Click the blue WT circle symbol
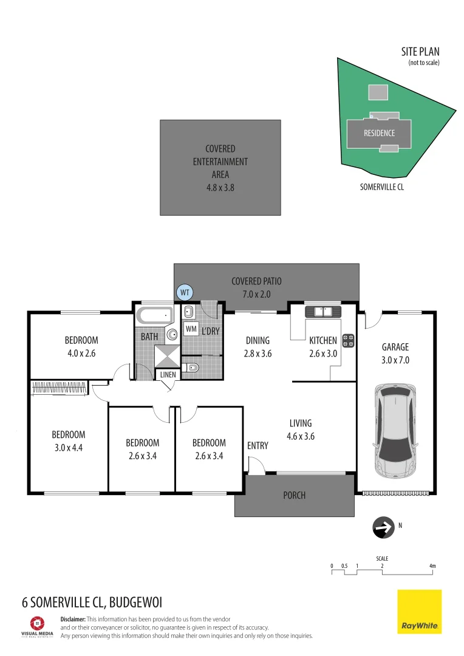click(185, 292)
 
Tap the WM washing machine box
click(191, 329)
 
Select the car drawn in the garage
click(395, 431)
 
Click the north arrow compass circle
click(383, 528)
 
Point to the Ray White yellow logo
click(419, 612)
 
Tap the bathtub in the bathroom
click(154, 315)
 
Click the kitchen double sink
click(323, 312)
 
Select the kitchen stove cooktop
click(348, 341)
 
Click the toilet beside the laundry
click(191, 367)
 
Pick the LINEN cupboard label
click(168, 374)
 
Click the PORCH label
click(294, 496)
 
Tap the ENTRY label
click(258, 446)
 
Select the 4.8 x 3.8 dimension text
click(220, 188)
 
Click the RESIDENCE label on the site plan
click(379, 133)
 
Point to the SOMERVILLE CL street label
click(382, 187)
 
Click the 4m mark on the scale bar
click(432, 565)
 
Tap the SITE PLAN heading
click(420, 52)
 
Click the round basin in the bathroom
click(172, 334)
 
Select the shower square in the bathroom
click(167, 356)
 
